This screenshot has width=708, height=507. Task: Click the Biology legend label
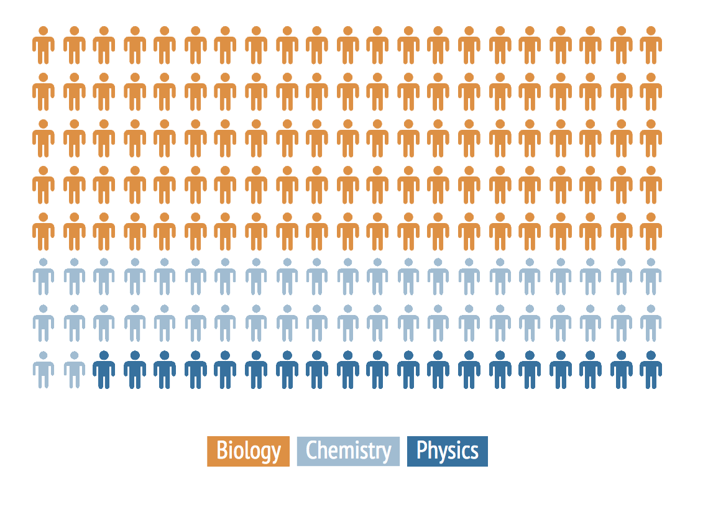[x=249, y=451]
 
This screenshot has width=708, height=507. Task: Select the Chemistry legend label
[x=348, y=451]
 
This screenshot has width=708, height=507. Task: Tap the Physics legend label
[x=447, y=451]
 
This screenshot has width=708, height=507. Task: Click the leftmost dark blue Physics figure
[x=104, y=370]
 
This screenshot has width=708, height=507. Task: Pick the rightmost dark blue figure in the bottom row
[x=651, y=370]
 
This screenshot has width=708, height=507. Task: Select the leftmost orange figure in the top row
[x=44, y=45]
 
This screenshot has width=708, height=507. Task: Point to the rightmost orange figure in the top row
[x=651, y=45]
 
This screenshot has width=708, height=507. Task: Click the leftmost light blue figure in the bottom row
[x=44, y=370]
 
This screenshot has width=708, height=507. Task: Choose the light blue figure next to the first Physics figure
[x=75, y=370]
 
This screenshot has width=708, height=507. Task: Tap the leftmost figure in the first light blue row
[x=44, y=276]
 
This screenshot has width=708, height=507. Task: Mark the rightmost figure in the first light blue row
[x=651, y=276]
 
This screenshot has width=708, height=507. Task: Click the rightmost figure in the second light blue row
[x=651, y=323]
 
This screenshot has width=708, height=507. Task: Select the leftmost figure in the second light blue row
[x=44, y=323]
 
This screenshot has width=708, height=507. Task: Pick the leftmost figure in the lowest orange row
[x=44, y=231]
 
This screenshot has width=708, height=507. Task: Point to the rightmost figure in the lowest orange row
[x=651, y=231]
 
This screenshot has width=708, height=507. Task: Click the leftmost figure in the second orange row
[x=44, y=92]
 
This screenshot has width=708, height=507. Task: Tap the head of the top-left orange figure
[x=44, y=30]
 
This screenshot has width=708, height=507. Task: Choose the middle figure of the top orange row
[x=347, y=45]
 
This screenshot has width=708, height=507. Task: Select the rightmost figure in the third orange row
[x=651, y=138]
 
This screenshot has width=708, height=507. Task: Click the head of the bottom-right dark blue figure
[x=651, y=355]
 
